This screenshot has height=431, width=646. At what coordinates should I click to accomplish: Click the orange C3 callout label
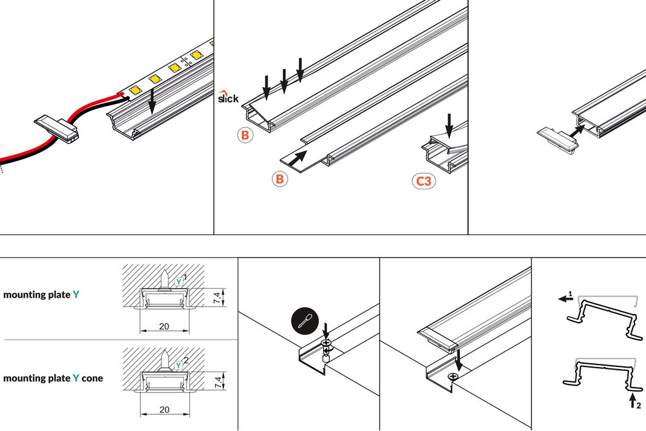[x=424, y=182]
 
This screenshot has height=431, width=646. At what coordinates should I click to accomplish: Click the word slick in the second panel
[x=227, y=98]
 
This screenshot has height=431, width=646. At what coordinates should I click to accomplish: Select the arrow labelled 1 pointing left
[x=565, y=299]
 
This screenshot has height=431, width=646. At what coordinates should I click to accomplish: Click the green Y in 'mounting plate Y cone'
[x=76, y=378]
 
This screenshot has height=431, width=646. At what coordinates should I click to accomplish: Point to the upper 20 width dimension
[x=164, y=326]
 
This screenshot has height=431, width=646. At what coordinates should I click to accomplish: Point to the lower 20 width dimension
[x=164, y=410]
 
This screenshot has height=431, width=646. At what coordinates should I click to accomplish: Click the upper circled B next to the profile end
[x=245, y=136]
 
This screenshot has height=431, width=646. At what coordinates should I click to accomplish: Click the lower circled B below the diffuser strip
[x=279, y=178]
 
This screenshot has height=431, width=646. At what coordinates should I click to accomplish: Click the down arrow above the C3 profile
[x=450, y=125]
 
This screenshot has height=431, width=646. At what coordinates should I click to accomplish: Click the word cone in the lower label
[x=92, y=378]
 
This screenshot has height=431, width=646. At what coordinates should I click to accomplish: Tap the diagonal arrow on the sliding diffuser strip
[x=297, y=158]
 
